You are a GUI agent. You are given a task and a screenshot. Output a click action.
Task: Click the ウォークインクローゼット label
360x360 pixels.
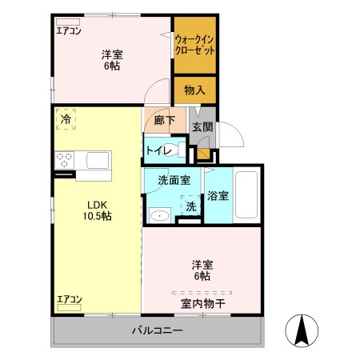(194, 43)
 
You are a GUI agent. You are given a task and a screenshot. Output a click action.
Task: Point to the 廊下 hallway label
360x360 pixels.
(165, 121)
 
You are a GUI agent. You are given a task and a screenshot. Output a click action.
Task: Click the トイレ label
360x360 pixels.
(162, 150)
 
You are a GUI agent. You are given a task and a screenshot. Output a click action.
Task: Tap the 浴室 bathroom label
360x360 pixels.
(218, 194)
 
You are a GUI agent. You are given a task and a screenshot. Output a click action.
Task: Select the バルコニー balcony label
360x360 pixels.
(158, 330)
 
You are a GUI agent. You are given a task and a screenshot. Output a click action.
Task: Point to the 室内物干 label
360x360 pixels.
(202, 302)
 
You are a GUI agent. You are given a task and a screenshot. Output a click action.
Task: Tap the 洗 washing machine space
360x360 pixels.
(191, 205)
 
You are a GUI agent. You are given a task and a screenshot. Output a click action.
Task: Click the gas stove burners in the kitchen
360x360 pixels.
(64, 159)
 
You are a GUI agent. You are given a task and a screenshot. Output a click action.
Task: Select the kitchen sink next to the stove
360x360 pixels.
(98, 160)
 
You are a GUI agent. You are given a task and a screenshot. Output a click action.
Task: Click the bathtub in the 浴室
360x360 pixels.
(247, 197)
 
